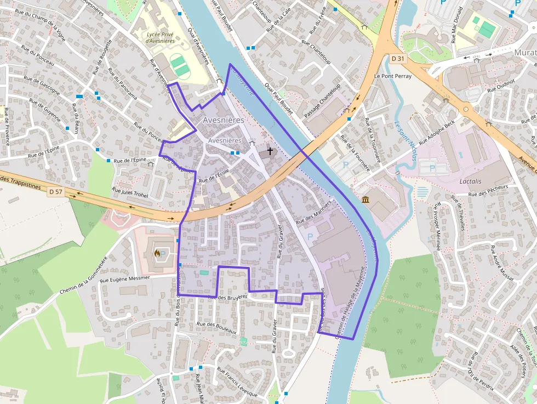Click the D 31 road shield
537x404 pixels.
point(398,59)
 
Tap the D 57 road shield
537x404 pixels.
point(55,191)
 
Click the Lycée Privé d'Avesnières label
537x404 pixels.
point(161,37)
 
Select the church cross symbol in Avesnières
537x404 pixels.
point(270,150)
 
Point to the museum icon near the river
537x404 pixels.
point(365,198)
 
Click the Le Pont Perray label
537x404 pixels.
point(392,76)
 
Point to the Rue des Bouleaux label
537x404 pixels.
point(216,327)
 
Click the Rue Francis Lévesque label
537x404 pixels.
point(237,383)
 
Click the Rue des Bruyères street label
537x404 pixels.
point(228,297)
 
